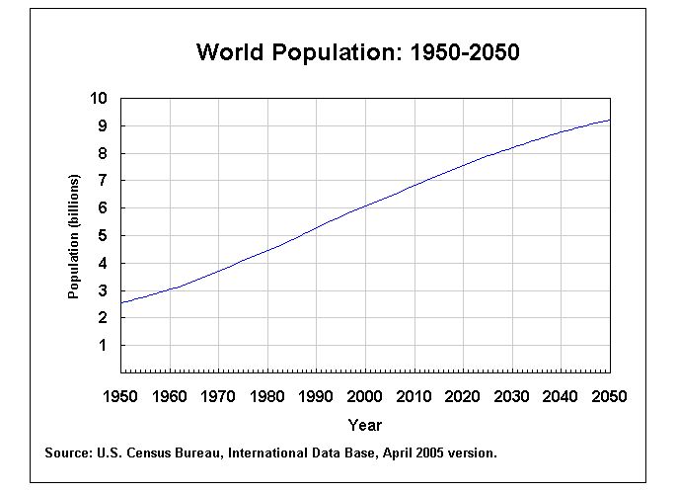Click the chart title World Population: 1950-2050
click(357, 52)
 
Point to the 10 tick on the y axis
click(98, 98)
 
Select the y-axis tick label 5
click(102, 236)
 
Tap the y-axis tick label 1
click(102, 346)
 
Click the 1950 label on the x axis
click(120, 396)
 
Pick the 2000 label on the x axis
click(365, 396)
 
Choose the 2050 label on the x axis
click(610, 396)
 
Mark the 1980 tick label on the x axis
click(267, 396)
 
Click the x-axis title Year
click(364, 425)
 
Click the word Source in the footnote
click(67, 453)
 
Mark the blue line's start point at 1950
click(121, 302)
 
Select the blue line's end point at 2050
click(610, 120)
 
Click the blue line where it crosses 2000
click(365, 205)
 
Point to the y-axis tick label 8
click(102, 153)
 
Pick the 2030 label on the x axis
click(512, 396)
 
